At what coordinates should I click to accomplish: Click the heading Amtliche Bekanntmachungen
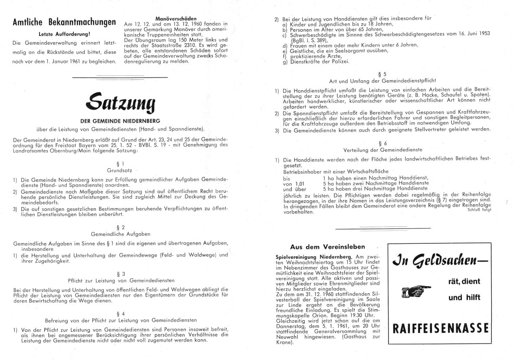[x=64, y=23]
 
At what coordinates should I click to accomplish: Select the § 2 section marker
[x=122, y=227]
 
